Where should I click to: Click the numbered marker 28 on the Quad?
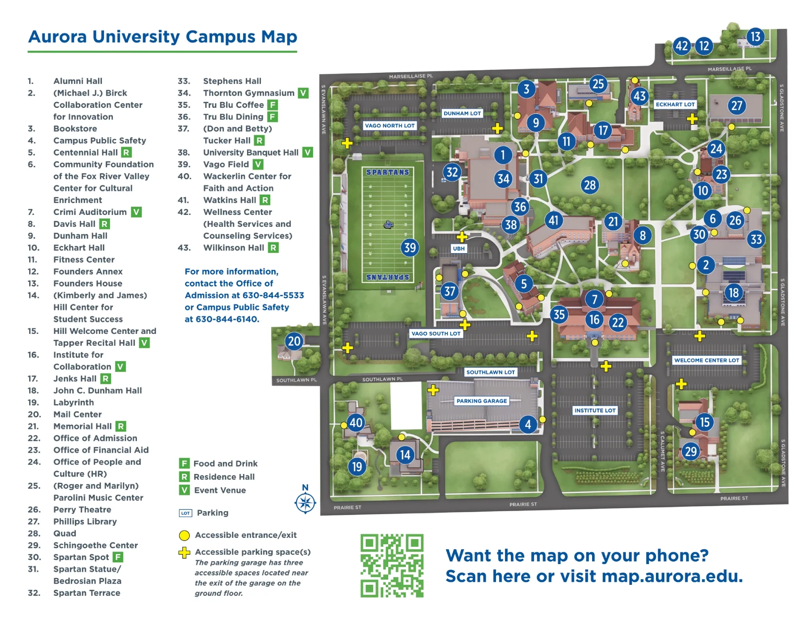(590, 185)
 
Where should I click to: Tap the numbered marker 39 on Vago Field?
(410, 248)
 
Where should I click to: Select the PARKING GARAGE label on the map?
(481, 401)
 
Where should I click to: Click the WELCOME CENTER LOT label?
(706, 360)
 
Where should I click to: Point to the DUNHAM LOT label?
(462, 113)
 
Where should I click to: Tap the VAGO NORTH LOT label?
(390, 126)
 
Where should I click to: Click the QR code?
(392, 565)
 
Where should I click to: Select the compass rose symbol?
(305, 503)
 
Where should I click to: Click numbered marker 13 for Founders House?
(755, 37)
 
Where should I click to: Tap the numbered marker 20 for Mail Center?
(294, 341)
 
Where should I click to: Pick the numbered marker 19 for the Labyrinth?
(357, 467)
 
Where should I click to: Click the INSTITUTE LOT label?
(595, 410)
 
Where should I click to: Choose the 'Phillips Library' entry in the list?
(85, 521)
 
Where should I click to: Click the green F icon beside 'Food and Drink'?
(184, 463)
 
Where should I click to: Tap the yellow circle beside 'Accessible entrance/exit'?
(184, 535)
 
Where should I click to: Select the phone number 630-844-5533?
(274, 295)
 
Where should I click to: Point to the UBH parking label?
(458, 248)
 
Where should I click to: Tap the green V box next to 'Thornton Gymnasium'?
(303, 93)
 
